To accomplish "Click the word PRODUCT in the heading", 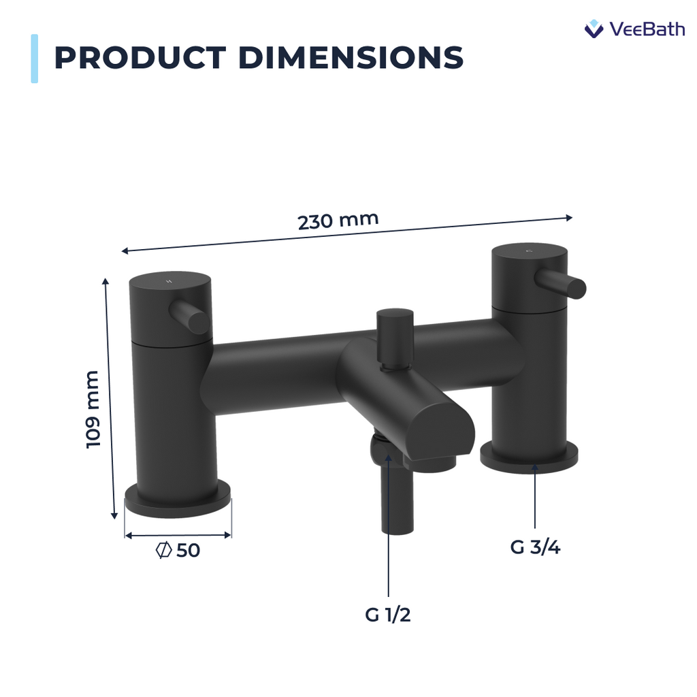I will pos(140,58).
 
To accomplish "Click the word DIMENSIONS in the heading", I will pos(351,58).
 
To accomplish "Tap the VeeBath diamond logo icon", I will pos(594,29).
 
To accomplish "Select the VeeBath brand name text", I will pos(647,29).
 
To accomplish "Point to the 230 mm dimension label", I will pos(338,221).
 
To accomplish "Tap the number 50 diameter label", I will pos(189,551).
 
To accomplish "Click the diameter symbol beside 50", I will pos(163,551).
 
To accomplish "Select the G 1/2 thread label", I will pos(388,615).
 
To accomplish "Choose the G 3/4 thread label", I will pos(535,547).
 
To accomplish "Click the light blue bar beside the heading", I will pos(34,59).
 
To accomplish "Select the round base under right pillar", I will pos(529,456).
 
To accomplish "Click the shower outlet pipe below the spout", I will pos(397,504).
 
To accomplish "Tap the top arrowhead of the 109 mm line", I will pos(106,281).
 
